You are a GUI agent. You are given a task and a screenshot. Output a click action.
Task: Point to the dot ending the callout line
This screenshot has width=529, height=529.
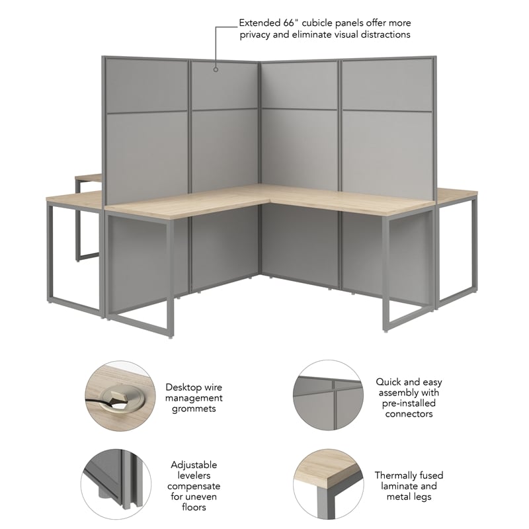point(216,67)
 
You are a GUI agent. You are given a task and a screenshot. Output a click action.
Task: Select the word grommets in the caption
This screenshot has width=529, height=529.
point(194,409)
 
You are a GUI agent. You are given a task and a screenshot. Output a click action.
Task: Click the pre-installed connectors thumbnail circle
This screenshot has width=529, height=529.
point(328,395)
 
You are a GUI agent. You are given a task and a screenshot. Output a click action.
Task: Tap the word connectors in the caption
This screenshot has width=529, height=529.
point(409,414)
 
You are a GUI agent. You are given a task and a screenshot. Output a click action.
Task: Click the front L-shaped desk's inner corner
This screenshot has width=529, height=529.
point(261,202)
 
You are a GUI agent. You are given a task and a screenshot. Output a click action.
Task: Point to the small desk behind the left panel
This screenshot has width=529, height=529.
point(89,177)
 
